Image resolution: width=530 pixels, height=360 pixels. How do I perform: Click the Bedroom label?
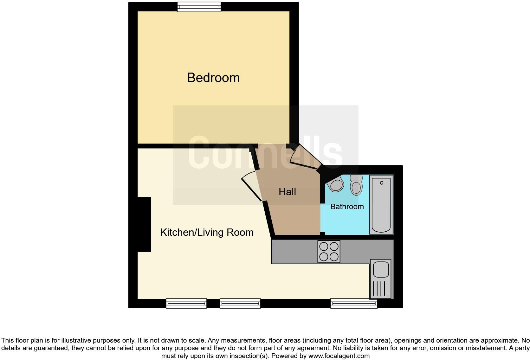(213, 78)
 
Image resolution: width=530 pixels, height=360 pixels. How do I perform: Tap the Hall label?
(287, 192)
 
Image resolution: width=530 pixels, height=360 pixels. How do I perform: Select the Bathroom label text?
(347, 207)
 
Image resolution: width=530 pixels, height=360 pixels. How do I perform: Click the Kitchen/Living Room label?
(207, 232)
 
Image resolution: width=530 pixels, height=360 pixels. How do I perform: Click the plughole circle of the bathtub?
(381, 183)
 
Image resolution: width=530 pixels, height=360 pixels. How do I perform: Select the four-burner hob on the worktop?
(329, 252)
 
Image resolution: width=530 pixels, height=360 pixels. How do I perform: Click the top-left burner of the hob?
(324, 246)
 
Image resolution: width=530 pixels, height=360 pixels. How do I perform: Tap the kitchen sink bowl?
(381, 269)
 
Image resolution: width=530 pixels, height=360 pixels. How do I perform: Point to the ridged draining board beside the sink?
(381, 288)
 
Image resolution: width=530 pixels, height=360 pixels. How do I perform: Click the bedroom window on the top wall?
(199, 7)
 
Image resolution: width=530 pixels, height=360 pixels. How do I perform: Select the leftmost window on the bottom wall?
(186, 303)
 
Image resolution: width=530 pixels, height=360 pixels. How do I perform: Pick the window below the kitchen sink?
(354, 303)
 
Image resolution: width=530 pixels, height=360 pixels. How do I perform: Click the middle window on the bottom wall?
(240, 303)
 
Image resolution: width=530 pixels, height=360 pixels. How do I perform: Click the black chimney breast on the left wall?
(144, 224)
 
